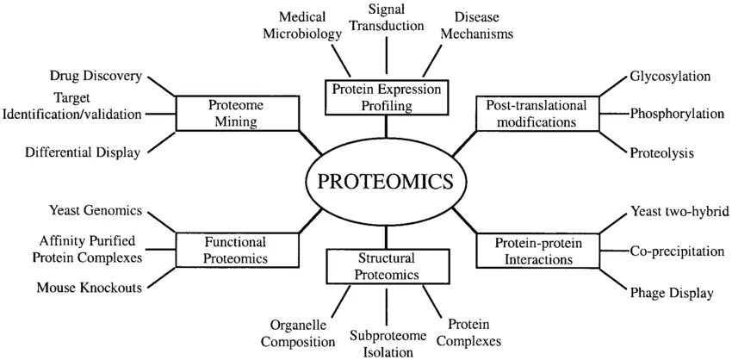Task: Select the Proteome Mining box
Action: [237, 113]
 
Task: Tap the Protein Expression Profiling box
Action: [386, 97]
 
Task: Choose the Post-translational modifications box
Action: [537, 114]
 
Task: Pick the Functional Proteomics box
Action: [237, 250]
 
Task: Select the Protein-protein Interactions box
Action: [537, 250]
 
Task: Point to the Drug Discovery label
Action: [96, 76]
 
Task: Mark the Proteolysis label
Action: [662, 152]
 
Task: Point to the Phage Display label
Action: [672, 293]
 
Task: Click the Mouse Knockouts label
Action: [90, 287]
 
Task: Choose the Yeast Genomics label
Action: [96, 211]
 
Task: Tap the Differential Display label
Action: [83, 152]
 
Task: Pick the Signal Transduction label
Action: [387, 16]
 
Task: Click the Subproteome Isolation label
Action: [388, 343]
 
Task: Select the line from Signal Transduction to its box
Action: [387, 57]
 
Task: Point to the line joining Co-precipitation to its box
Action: [614, 251]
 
